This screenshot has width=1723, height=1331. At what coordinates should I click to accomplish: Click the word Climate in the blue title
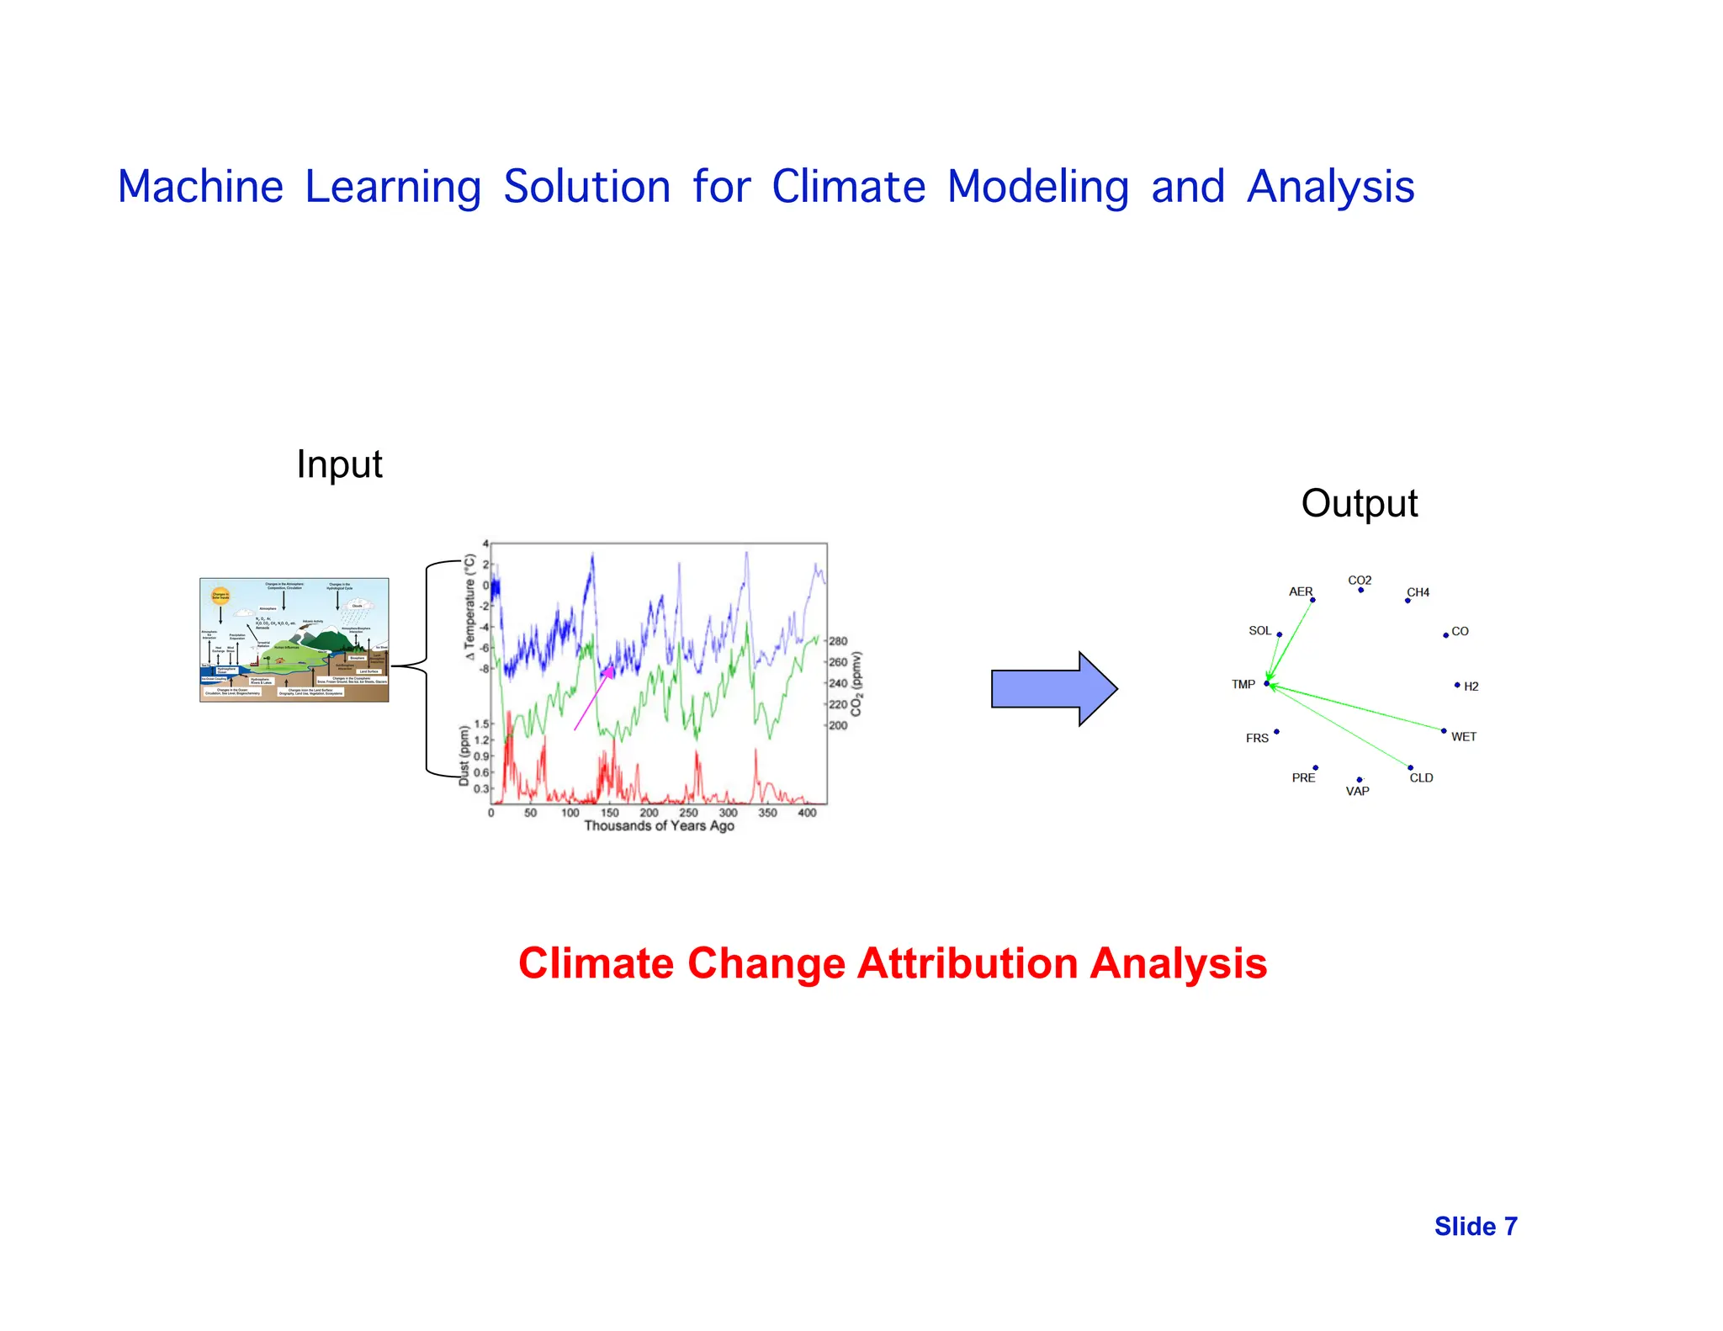(848, 187)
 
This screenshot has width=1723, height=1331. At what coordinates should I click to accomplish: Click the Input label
(339, 464)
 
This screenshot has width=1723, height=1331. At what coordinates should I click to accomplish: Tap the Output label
(1359, 504)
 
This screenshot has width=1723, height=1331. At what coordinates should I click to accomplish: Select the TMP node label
(1243, 685)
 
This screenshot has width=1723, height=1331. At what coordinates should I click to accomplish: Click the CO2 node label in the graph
(1360, 581)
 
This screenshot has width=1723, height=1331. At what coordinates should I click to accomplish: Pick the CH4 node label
(1418, 592)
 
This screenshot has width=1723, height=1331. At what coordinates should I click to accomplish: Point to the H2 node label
(1471, 687)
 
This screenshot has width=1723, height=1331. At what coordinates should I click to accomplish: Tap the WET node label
(1463, 737)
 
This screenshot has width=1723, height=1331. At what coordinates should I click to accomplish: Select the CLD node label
(1421, 778)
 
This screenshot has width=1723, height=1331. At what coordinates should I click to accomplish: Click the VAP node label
(1357, 792)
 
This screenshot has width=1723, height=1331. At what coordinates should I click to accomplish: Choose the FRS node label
(1257, 739)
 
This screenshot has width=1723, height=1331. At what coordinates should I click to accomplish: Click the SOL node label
(1259, 631)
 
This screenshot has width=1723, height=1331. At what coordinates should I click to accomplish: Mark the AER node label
(1300, 592)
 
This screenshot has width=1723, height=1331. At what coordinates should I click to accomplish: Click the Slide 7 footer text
(1475, 1227)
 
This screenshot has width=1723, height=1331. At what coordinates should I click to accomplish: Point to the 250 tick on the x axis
(688, 813)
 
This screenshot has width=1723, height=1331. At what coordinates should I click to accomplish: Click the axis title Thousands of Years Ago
(659, 826)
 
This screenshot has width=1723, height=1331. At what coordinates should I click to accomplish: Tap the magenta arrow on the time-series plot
(592, 698)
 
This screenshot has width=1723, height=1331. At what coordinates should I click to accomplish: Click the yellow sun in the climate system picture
(220, 596)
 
